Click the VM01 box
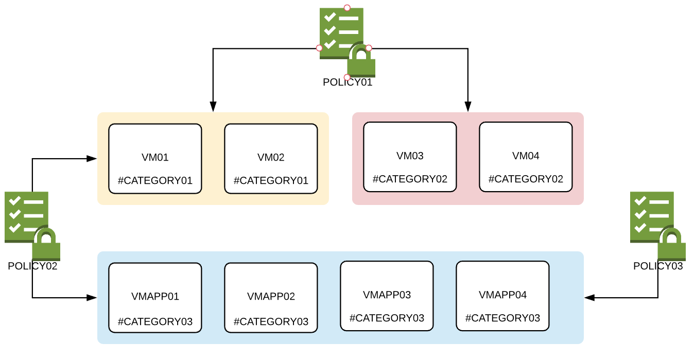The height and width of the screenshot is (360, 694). click(x=155, y=159)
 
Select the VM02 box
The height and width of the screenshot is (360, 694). click(x=271, y=159)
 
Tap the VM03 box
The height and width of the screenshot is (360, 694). click(x=410, y=157)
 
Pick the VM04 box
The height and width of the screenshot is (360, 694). click(x=526, y=157)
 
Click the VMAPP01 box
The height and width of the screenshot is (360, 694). click(x=155, y=298)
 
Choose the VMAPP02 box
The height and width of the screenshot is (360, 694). click(x=271, y=298)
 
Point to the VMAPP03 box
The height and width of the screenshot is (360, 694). click(x=387, y=296)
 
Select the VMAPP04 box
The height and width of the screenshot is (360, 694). click(x=502, y=296)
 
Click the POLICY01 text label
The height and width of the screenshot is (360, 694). click(x=347, y=82)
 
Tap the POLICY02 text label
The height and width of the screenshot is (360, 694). click(x=32, y=266)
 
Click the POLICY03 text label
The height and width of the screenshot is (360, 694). click(x=658, y=266)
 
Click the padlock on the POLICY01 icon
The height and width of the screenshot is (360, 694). click(x=361, y=62)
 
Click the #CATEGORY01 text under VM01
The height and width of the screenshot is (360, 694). click(x=155, y=181)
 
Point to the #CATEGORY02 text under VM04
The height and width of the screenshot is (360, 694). click(x=526, y=179)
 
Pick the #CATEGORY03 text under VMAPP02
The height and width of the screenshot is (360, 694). click(x=271, y=322)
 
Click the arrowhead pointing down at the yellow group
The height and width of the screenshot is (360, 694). click(x=213, y=107)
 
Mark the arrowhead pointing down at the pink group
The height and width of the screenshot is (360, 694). click(x=468, y=107)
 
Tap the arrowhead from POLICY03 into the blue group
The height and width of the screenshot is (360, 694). click(x=589, y=297)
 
